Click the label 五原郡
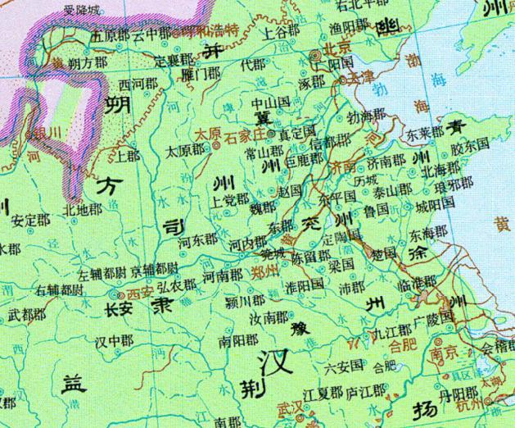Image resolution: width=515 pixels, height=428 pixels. (110, 36)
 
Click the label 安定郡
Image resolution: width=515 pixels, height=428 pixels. (31, 220)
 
